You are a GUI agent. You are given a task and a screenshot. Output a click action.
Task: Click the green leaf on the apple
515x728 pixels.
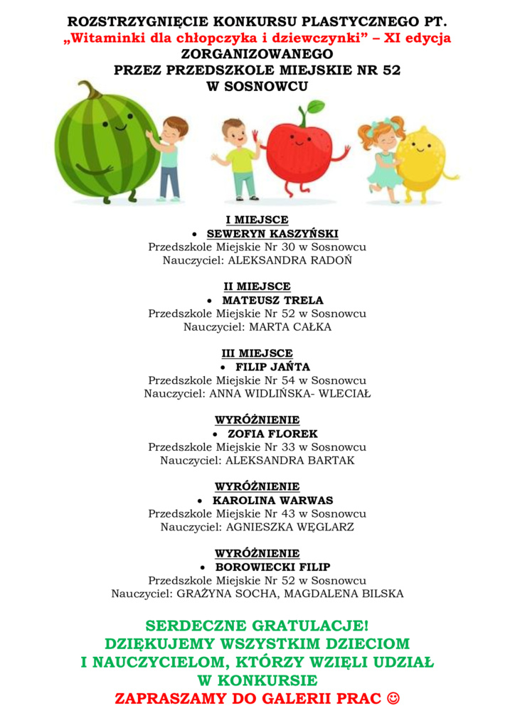[314, 107]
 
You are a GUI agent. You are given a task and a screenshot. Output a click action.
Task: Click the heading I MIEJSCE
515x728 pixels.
[257, 220]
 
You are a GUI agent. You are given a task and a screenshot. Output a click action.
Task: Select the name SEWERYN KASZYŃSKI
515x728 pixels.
[272, 233]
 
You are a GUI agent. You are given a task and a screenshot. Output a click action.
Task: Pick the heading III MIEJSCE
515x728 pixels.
[257, 353]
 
